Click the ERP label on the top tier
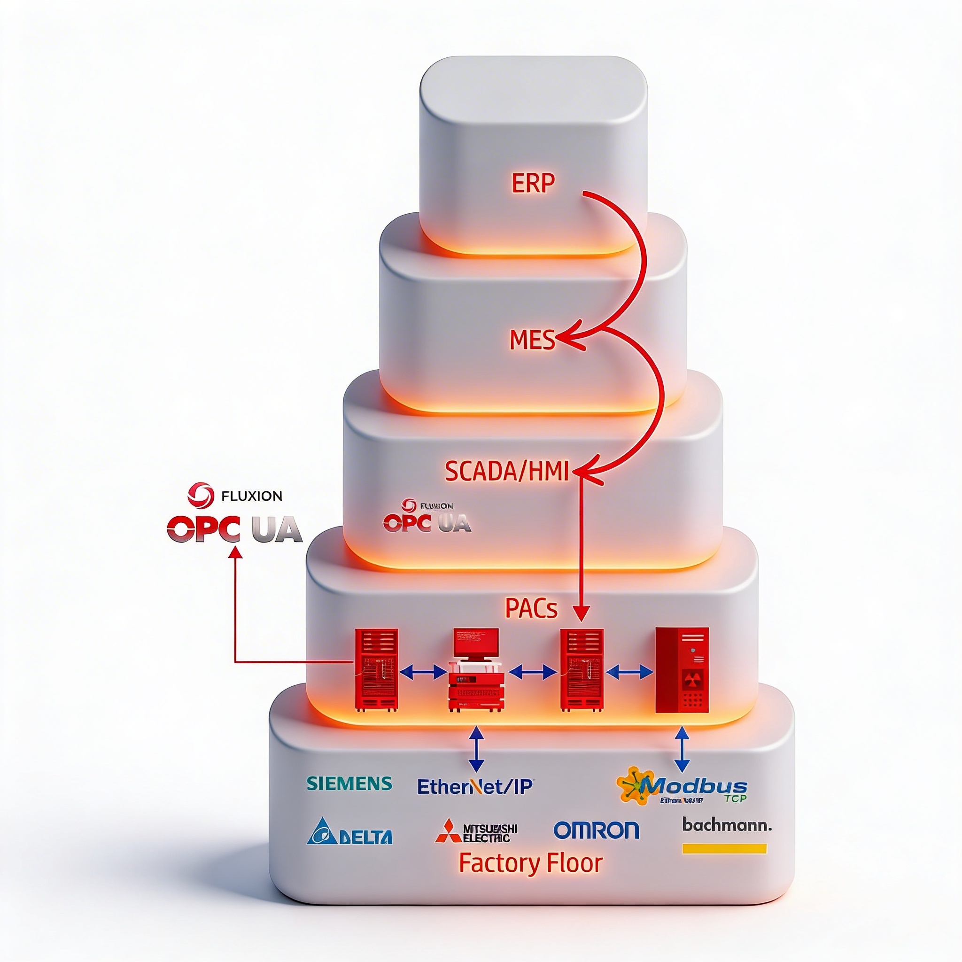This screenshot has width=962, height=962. pos(532,184)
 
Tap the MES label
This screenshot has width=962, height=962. pos(532,340)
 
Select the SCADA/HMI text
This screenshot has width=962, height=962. pos(506,471)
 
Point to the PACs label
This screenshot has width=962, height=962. pos(531,608)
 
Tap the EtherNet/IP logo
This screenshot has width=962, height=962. pos(474,786)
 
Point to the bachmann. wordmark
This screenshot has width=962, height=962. pos(727,825)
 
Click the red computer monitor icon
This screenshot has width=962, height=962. pos(476,642)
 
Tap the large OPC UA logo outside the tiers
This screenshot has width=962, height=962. pos(234,529)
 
